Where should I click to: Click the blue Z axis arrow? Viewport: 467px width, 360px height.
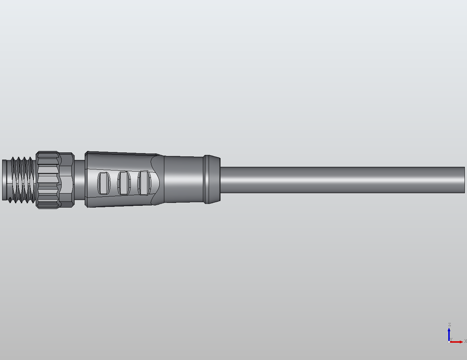coord(449,333)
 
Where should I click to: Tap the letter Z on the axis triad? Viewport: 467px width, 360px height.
coord(449,325)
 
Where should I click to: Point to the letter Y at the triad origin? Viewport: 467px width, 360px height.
coord(451,339)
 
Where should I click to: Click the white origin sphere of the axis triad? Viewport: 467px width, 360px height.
coord(449,342)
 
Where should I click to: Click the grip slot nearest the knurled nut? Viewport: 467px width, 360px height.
coord(104,183)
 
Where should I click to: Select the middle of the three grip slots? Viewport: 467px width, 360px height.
coord(124,183)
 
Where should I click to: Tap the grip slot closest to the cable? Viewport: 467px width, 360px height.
coord(144,183)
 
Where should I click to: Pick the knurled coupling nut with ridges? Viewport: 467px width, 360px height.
coord(48,179)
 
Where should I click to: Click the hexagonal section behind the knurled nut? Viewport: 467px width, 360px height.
coord(66,179)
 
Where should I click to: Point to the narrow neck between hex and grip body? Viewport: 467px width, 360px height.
coord(79,179)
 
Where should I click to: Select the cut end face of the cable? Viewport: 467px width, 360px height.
coord(464,180)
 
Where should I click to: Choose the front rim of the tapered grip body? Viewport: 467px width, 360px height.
coord(86,179)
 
